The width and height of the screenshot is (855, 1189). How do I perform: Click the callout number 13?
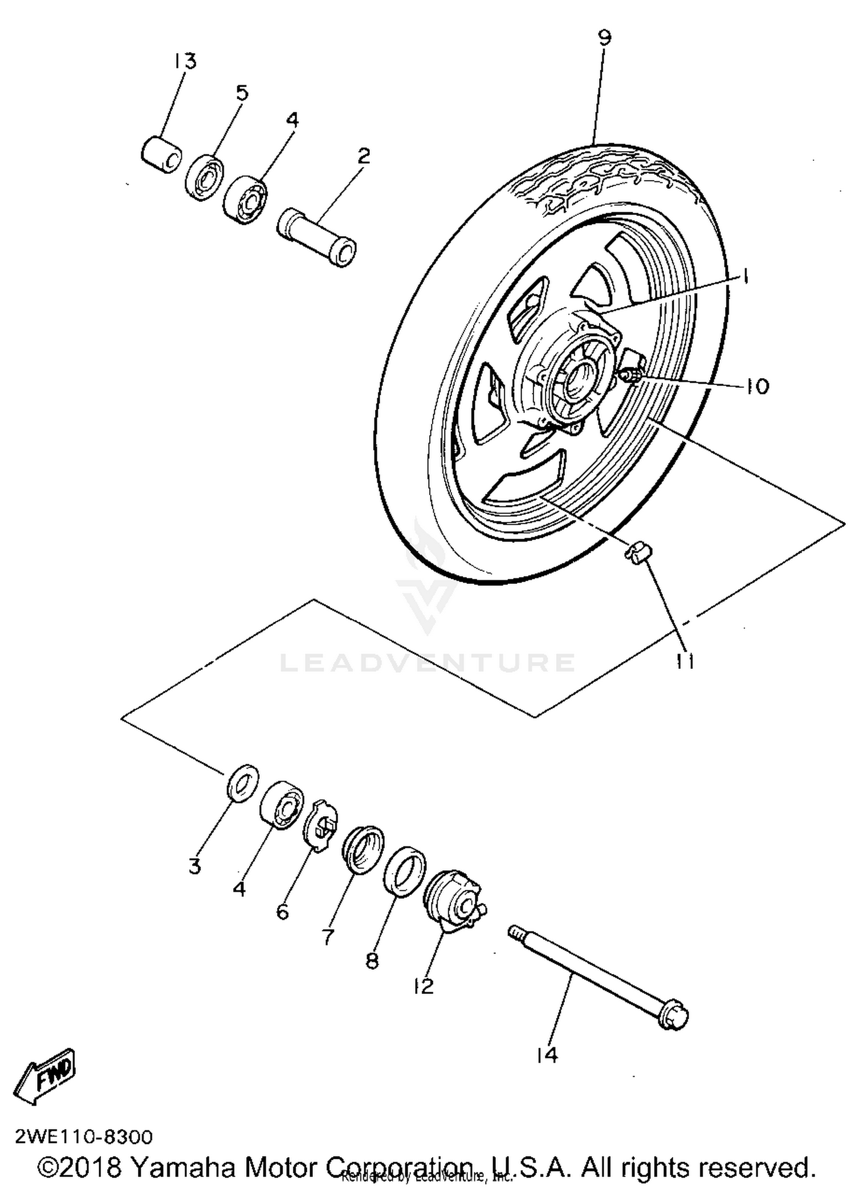tap(185, 60)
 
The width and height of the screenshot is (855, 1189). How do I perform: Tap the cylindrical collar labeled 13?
tap(162, 154)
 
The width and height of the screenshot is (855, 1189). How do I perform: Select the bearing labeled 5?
tap(204, 177)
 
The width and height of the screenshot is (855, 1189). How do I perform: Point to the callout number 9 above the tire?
tap(605, 38)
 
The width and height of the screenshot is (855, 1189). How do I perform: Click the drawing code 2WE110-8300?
tap(84, 1137)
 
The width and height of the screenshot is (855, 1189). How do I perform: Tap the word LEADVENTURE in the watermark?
tap(427, 663)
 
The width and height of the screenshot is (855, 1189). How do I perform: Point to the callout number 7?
tap(328, 936)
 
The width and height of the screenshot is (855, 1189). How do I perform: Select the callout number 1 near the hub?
tap(744, 277)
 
